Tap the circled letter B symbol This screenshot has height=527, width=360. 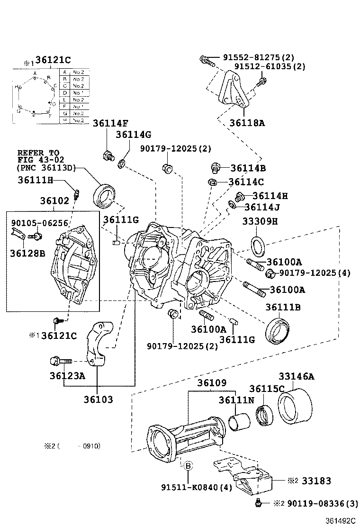pos(188,466)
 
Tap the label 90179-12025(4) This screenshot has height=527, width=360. pos(315,273)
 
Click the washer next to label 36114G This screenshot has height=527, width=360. pos(122,164)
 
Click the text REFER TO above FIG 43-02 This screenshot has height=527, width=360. pos(38,153)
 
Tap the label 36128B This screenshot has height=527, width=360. pos(27,253)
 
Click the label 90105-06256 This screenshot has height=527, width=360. pos(40,223)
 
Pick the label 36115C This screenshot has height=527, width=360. pos(267,389)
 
